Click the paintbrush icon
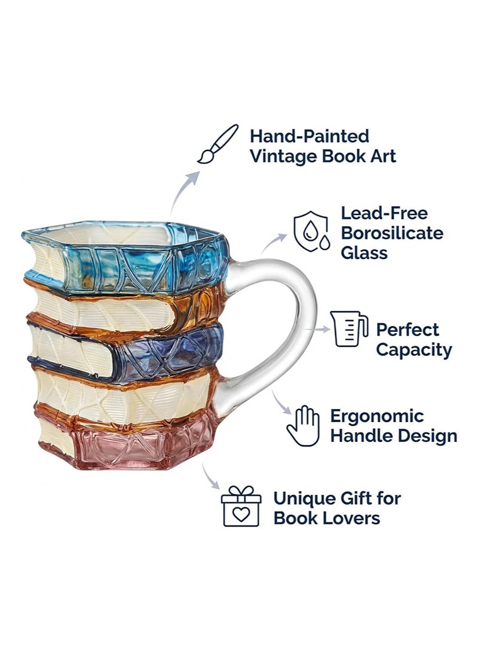(x=217, y=144)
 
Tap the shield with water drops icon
(x=311, y=232)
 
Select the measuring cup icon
(x=349, y=329)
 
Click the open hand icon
(x=304, y=426)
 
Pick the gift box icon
(x=241, y=506)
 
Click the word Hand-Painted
(x=310, y=136)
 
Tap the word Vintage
(x=283, y=156)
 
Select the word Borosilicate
(x=392, y=233)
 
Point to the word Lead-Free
(x=384, y=213)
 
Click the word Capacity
(x=413, y=350)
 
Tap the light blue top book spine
(x=146, y=268)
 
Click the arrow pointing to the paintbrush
(x=183, y=191)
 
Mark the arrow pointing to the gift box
(x=210, y=476)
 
